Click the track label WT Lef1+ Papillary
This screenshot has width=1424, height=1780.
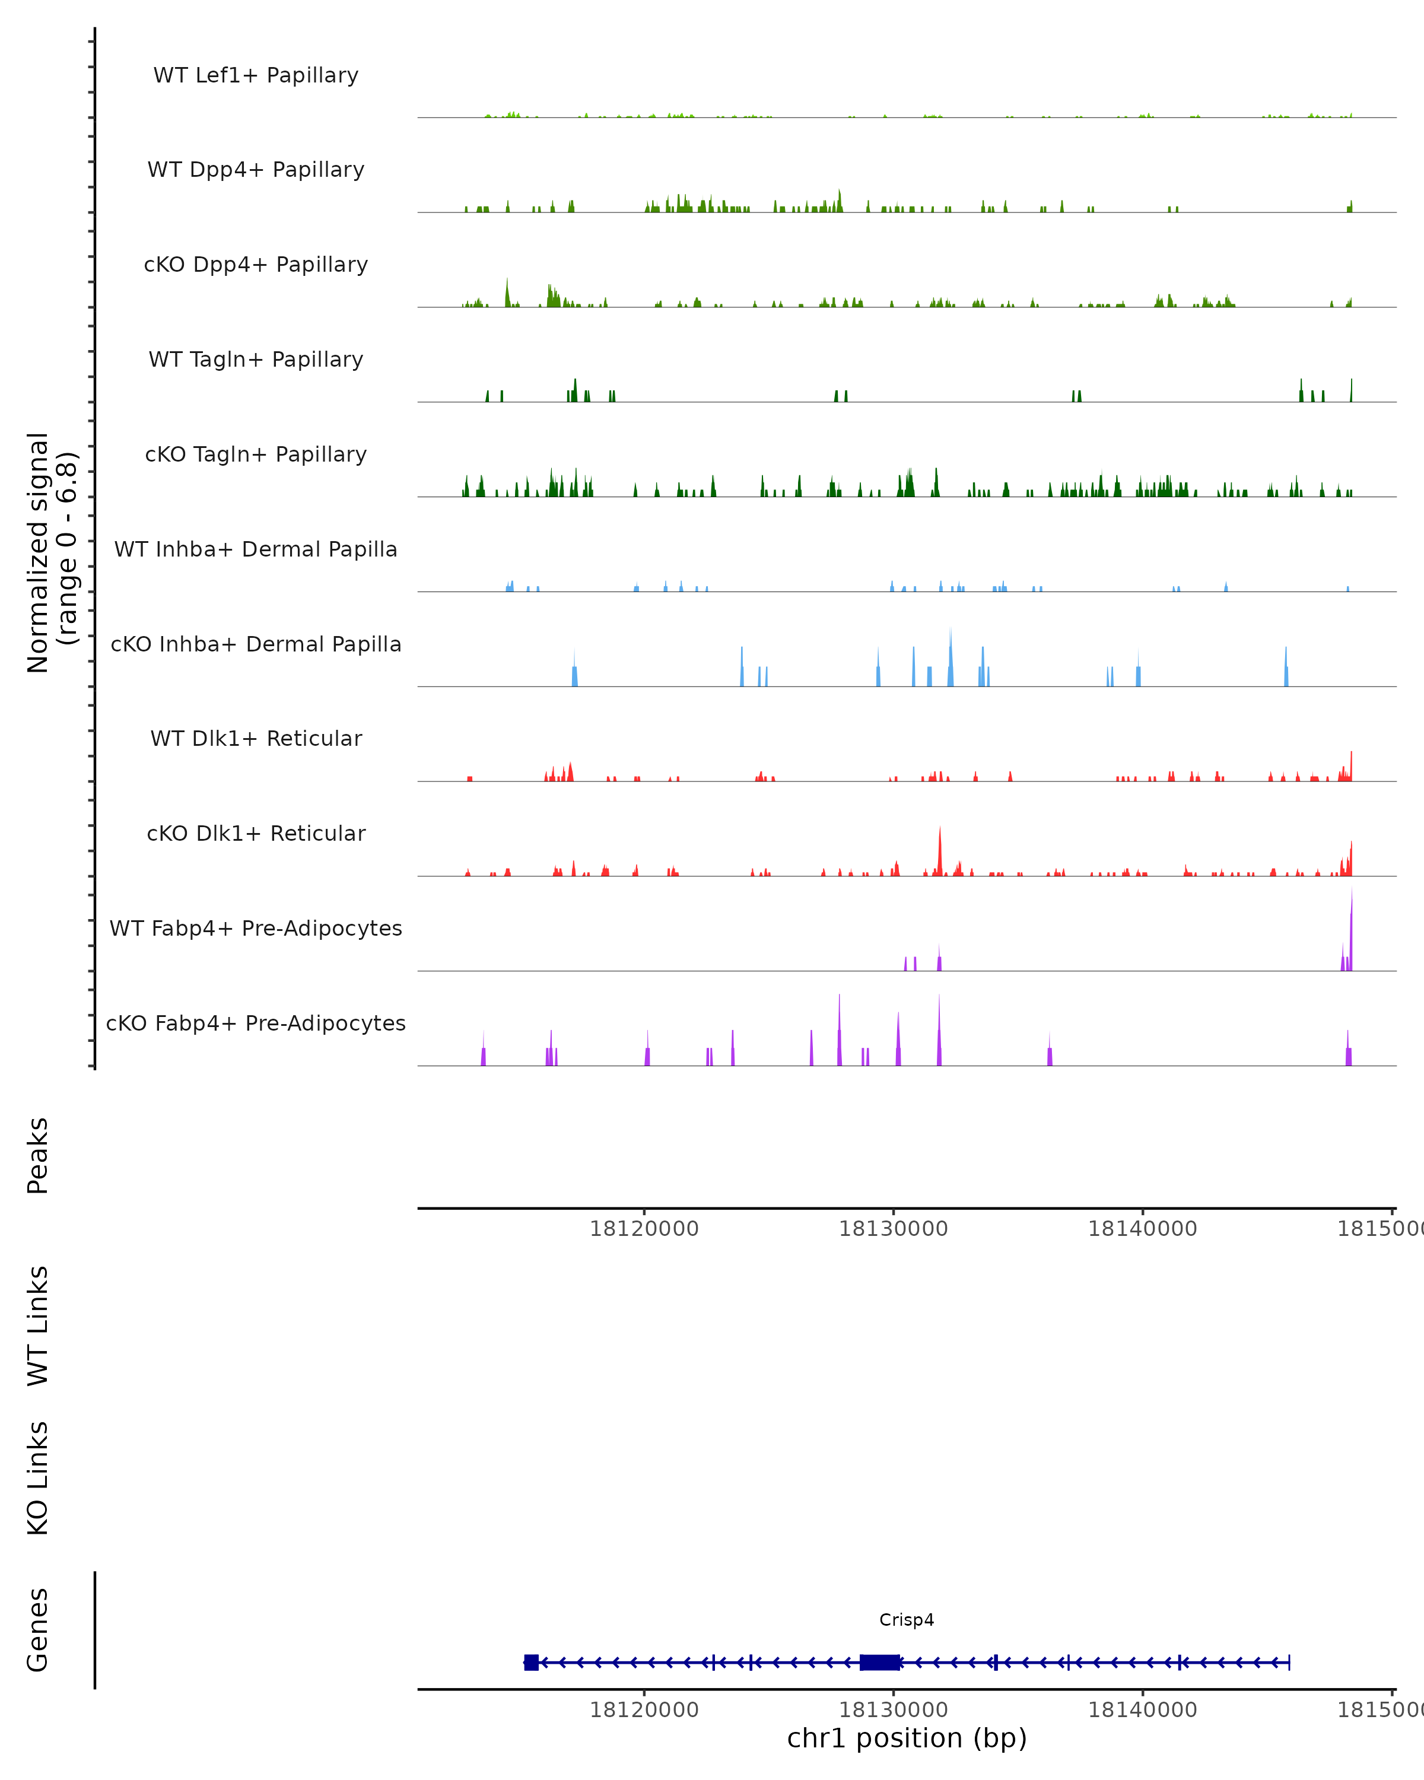256,75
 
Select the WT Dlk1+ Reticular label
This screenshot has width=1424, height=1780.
256,738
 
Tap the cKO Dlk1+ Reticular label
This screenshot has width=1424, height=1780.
256,833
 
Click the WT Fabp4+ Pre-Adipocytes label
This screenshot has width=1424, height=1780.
256,928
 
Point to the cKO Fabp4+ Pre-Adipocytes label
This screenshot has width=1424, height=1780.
256,1023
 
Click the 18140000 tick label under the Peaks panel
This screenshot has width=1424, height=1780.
1143,1229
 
